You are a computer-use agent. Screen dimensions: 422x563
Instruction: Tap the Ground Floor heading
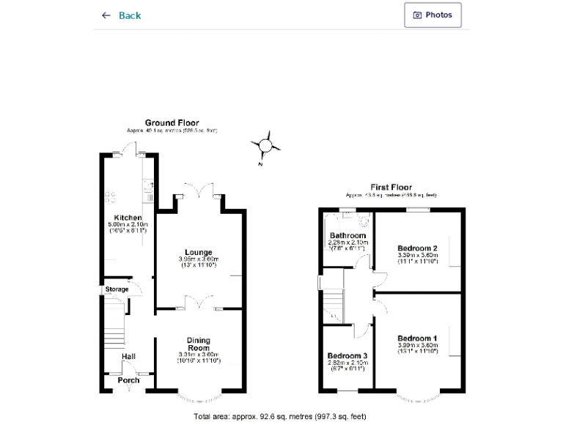click(172, 123)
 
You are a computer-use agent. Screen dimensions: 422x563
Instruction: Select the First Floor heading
click(391, 188)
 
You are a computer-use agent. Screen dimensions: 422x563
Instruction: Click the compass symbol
click(265, 147)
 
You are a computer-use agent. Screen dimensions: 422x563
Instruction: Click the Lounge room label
click(199, 252)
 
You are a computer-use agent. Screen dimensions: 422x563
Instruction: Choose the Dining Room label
click(199, 344)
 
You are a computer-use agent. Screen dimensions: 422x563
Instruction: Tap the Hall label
click(128, 357)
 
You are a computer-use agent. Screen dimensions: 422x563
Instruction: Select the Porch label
click(128, 380)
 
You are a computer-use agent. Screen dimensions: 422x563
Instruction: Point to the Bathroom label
click(347, 236)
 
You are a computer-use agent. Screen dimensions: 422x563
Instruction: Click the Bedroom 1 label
click(417, 338)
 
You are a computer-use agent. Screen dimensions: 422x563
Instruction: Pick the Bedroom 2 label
click(417, 248)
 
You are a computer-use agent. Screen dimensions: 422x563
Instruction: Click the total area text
click(279, 416)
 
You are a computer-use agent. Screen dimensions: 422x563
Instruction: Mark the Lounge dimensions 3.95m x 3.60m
click(199, 259)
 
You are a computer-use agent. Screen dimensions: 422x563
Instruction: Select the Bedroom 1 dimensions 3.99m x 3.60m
click(417, 345)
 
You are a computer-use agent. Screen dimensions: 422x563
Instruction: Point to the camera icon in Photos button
click(418, 15)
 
